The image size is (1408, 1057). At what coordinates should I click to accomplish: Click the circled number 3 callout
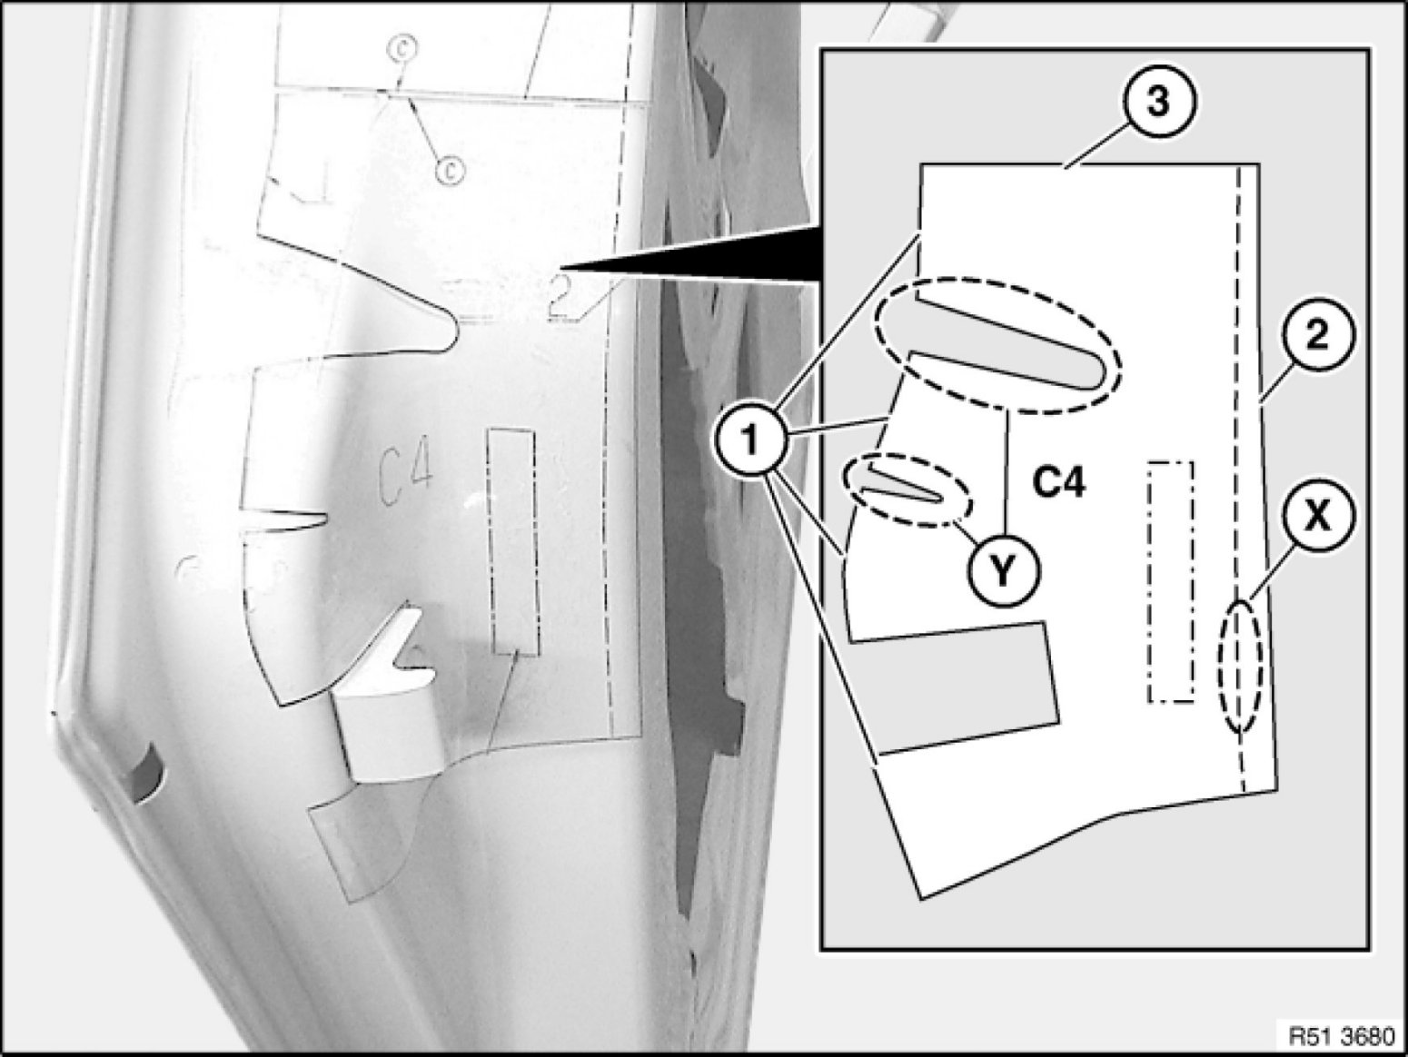(1158, 104)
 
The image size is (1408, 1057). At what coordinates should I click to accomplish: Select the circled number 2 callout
(1317, 337)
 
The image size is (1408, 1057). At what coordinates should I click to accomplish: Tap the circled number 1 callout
(750, 441)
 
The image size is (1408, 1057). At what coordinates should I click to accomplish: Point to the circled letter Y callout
(1004, 571)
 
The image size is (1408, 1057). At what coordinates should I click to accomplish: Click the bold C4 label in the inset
(1059, 485)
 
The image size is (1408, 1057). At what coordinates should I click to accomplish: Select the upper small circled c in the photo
(402, 48)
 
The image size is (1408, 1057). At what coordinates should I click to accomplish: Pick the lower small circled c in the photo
(449, 170)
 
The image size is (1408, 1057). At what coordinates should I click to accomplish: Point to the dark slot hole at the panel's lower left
(146, 775)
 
